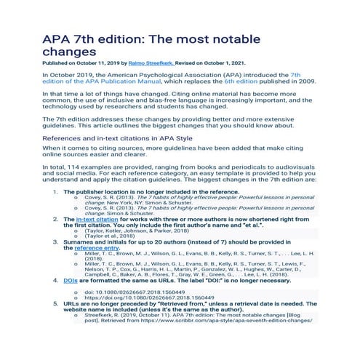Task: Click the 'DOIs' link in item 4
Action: (x=71, y=280)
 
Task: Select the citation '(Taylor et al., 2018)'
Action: (x=111, y=236)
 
